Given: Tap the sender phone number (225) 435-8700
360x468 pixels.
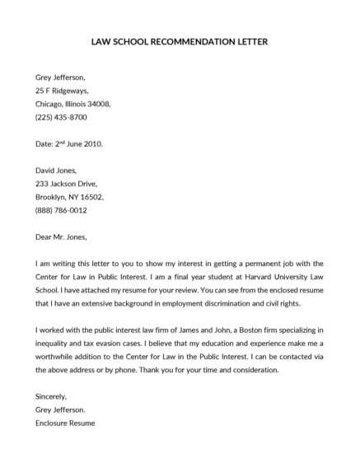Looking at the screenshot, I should (62, 119).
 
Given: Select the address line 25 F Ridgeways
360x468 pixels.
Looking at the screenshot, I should (62, 91).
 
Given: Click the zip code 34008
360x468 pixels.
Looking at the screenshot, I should (96, 105).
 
